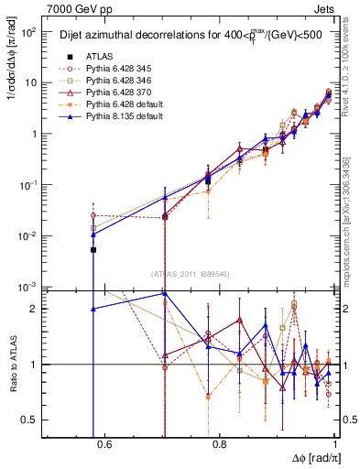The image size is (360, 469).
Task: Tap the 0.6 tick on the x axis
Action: click(104, 446)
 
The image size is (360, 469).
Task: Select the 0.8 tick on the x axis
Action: click(221, 446)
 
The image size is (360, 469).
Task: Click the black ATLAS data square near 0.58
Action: click(93, 249)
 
